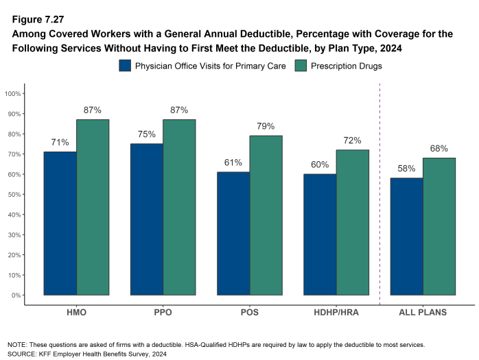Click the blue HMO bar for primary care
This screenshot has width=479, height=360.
click(60, 223)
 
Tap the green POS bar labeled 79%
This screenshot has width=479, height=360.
click(266, 215)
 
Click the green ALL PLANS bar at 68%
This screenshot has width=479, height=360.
click(439, 226)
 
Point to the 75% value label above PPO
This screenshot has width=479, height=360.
click(146, 134)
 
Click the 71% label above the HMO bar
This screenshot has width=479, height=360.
click(60, 142)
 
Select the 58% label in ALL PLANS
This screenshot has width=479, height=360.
click(406, 168)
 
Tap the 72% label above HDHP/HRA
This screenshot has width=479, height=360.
click(352, 140)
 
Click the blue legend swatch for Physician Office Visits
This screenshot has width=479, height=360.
click(125, 66)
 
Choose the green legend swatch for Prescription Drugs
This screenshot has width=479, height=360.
click(301, 66)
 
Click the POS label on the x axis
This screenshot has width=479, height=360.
click(249, 313)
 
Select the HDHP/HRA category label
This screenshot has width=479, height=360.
click(336, 313)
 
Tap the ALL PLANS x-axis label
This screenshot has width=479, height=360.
click(423, 313)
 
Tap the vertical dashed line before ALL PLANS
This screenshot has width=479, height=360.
click(379, 192)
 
